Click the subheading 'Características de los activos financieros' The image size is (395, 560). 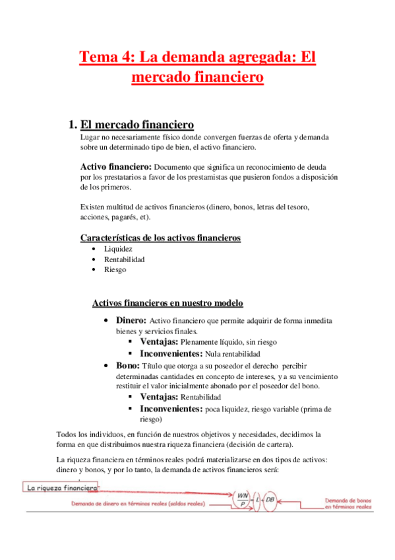point(160,238)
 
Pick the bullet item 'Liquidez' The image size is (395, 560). point(119,249)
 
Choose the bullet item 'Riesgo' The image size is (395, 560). point(115,269)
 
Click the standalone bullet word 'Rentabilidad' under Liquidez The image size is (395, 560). point(125,260)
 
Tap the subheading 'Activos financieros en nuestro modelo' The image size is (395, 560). point(168,303)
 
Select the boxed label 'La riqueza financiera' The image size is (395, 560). point(62,488)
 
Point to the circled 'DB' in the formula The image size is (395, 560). point(270,500)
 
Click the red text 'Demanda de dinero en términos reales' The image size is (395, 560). point(138,504)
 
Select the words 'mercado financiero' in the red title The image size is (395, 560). point(198,77)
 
